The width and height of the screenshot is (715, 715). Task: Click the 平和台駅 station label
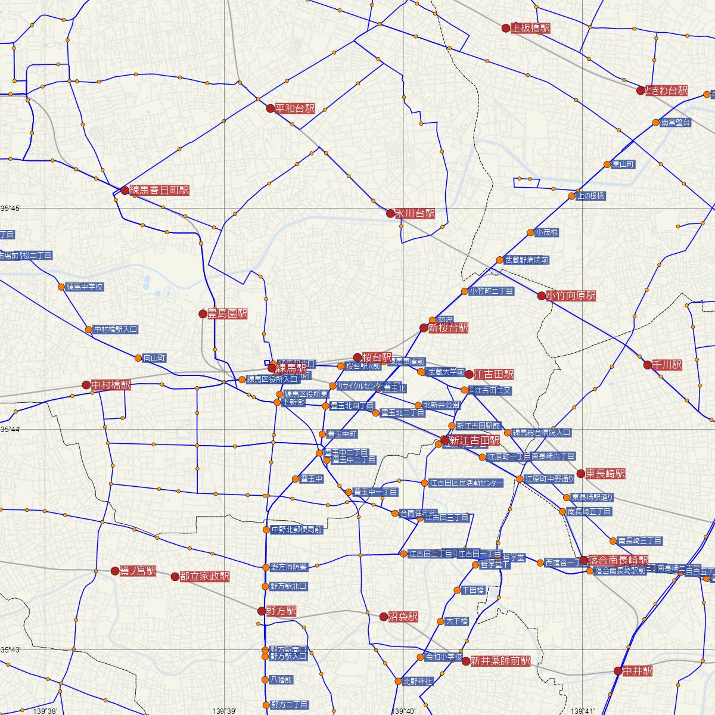click(295, 108)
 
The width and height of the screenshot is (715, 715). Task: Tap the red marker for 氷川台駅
click(390, 213)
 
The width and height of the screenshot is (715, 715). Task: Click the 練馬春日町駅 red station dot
click(125, 191)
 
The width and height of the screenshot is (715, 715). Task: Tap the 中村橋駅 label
click(111, 385)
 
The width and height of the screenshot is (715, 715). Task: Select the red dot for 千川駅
click(648, 365)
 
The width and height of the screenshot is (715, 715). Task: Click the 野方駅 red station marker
click(261, 611)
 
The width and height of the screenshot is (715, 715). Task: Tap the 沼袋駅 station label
click(403, 617)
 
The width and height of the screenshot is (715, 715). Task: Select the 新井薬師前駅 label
click(500, 661)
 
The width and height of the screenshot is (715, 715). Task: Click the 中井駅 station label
click(637, 671)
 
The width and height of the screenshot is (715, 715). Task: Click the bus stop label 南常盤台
click(676, 123)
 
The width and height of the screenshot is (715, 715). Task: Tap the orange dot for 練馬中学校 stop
click(61, 287)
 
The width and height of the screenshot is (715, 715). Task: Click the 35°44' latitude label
click(11, 428)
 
